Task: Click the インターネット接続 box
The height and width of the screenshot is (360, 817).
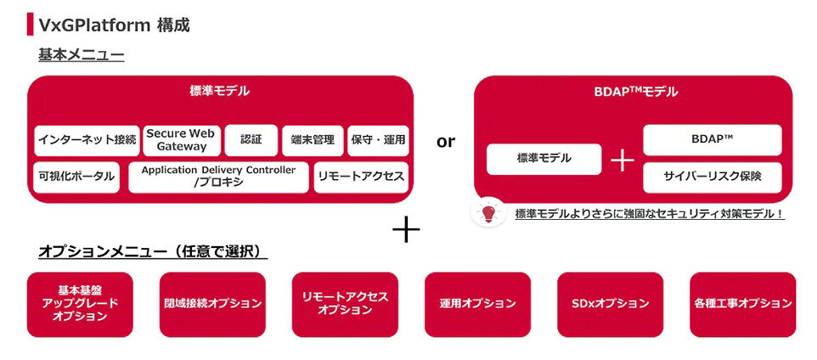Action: pos(87,140)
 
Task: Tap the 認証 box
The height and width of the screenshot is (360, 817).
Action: pos(251,140)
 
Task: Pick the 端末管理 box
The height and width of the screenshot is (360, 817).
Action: pos(312,140)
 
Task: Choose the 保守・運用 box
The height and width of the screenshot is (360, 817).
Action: pos(378,140)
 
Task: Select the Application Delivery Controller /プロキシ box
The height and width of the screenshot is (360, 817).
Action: pos(218,177)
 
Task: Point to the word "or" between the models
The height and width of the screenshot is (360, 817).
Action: pos(445,142)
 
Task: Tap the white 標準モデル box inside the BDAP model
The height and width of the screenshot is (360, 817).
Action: pos(544,159)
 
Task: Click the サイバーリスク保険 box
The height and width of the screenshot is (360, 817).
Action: pos(712,177)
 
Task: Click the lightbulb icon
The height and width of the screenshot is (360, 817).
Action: pos(488,212)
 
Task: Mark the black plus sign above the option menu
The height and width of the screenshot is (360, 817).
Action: pos(406,228)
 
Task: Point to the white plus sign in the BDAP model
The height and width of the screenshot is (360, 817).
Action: pos(623,160)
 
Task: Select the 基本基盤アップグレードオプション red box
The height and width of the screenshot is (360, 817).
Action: pos(80,304)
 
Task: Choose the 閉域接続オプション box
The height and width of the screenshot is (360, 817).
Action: pos(212,304)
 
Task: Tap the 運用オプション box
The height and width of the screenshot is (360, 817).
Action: pos(477,304)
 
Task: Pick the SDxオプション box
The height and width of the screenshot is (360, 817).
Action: pos(610,304)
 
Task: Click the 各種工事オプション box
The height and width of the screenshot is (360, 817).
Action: pos(742,304)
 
